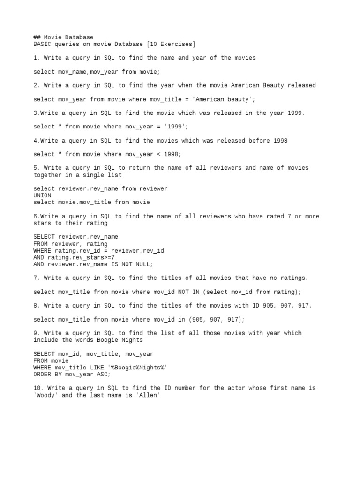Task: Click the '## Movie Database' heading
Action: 63,37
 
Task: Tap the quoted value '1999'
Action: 176,127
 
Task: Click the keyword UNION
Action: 42,195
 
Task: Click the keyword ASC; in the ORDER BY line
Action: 104,375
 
